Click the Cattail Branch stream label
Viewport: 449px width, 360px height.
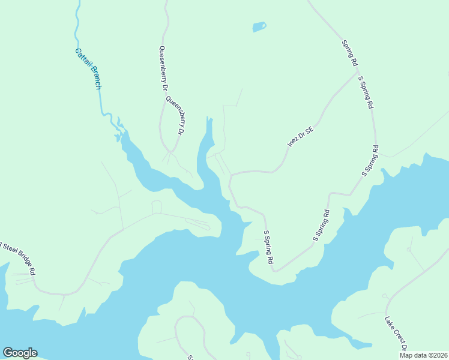point(88,68)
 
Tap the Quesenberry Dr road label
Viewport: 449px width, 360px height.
point(162,68)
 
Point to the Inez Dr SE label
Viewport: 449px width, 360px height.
point(301,137)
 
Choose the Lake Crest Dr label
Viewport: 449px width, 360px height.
point(396,334)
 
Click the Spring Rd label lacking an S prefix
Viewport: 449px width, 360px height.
point(349,53)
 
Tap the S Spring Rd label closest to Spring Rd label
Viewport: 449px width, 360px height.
point(366,92)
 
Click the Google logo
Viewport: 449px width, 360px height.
point(20,353)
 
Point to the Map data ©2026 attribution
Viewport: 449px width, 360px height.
point(423,355)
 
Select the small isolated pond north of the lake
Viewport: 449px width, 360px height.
point(259,27)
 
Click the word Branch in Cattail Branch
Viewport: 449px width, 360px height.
point(95,77)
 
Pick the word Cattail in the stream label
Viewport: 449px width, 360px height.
point(82,58)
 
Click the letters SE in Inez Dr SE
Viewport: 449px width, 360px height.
point(309,130)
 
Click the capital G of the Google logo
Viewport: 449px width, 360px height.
point(7,353)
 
